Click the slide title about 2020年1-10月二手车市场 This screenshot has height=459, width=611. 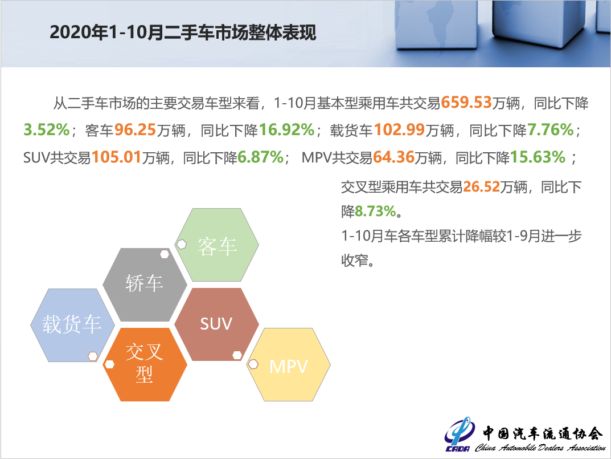[182, 32]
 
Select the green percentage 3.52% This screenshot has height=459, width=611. [46, 130]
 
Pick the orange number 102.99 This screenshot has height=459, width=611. [399, 130]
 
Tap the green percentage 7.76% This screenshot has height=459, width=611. [550, 130]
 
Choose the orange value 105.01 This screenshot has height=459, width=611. [116, 157]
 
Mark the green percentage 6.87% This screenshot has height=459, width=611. [260, 157]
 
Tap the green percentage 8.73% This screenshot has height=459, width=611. [375, 212]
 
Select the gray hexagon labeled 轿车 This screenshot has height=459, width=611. [145, 283]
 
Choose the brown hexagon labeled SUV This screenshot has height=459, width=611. [216, 324]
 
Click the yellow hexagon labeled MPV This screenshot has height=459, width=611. [289, 365]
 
